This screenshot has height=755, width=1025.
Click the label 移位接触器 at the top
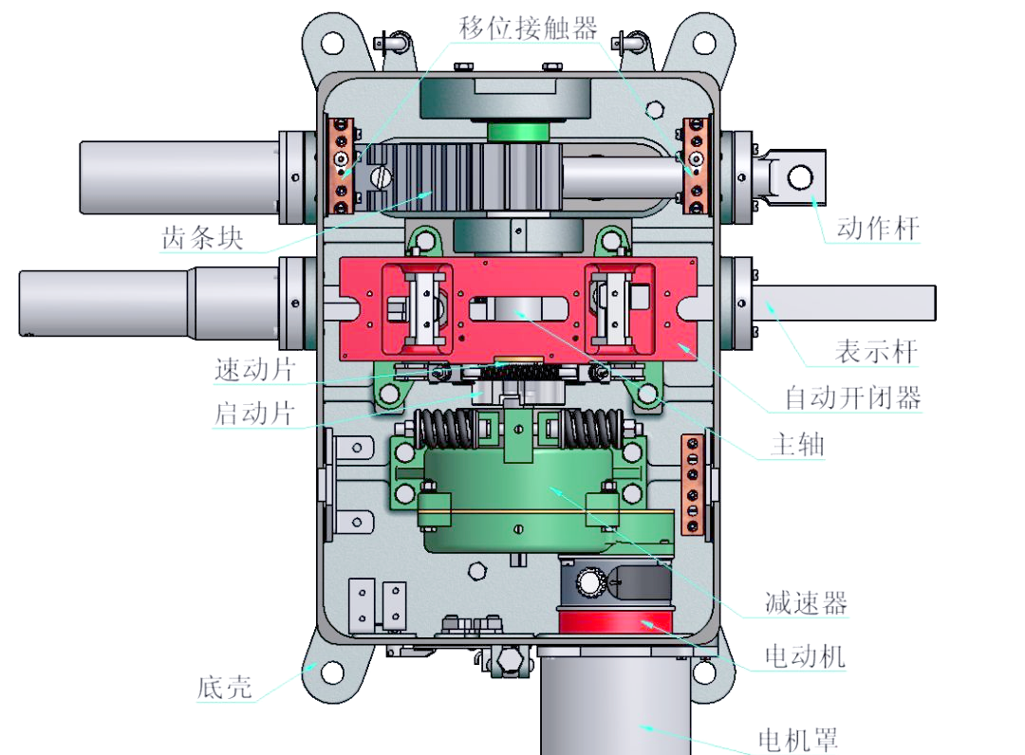528,28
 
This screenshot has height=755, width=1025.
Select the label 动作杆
877,229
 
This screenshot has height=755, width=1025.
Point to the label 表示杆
876,351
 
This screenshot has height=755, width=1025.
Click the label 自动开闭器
852,397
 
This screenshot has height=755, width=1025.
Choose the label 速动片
255,370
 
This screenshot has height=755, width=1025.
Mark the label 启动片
254,414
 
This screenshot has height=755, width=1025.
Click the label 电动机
804,655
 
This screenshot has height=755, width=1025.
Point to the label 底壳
225,686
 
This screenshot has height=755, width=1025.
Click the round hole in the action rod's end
802,176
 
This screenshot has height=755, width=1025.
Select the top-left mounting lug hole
330,43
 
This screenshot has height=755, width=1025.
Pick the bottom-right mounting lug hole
703,672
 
